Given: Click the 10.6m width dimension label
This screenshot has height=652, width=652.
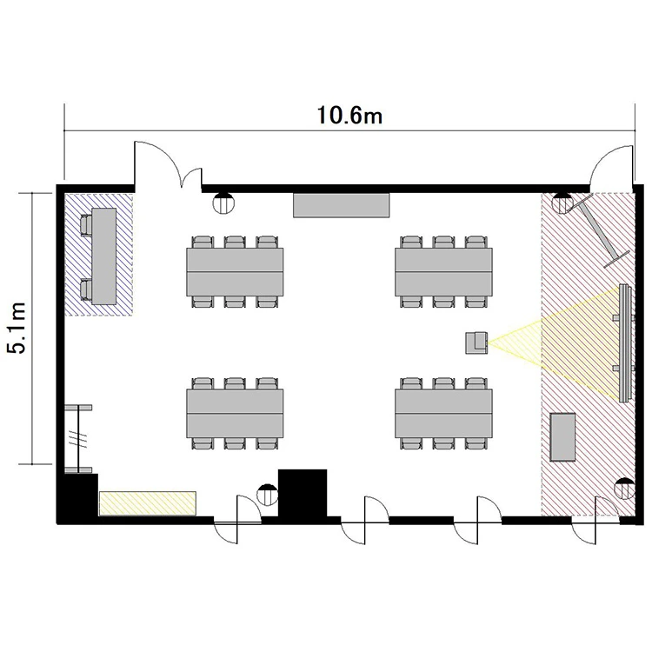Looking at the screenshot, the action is (349, 115).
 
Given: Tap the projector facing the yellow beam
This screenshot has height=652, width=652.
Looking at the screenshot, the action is (476, 343).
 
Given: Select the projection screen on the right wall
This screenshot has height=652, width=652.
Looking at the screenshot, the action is (623, 343).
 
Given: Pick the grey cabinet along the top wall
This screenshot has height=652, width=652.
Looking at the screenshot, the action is (341, 205).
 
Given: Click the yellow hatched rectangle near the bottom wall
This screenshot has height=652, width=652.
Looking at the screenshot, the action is (147, 503).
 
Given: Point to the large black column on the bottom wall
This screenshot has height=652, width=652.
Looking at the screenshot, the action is (303, 494).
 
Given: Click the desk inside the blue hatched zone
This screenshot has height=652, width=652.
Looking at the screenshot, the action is (103, 256).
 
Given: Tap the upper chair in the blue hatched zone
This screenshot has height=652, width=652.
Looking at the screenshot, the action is (86, 225).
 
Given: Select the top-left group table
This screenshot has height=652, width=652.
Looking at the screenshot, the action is (235, 272).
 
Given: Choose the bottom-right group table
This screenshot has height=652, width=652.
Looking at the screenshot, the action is (443, 413).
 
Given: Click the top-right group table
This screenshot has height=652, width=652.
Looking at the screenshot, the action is (443, 272).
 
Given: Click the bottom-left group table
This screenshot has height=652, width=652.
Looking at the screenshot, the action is (235, 413).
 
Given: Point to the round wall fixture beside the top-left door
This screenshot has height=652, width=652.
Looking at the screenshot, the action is (223, 203).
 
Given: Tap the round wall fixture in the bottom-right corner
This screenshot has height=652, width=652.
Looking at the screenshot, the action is (624, 489).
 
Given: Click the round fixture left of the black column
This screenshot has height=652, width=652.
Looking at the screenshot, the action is (268, 495).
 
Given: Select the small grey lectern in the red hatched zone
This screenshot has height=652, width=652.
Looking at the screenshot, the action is (562, 437).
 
